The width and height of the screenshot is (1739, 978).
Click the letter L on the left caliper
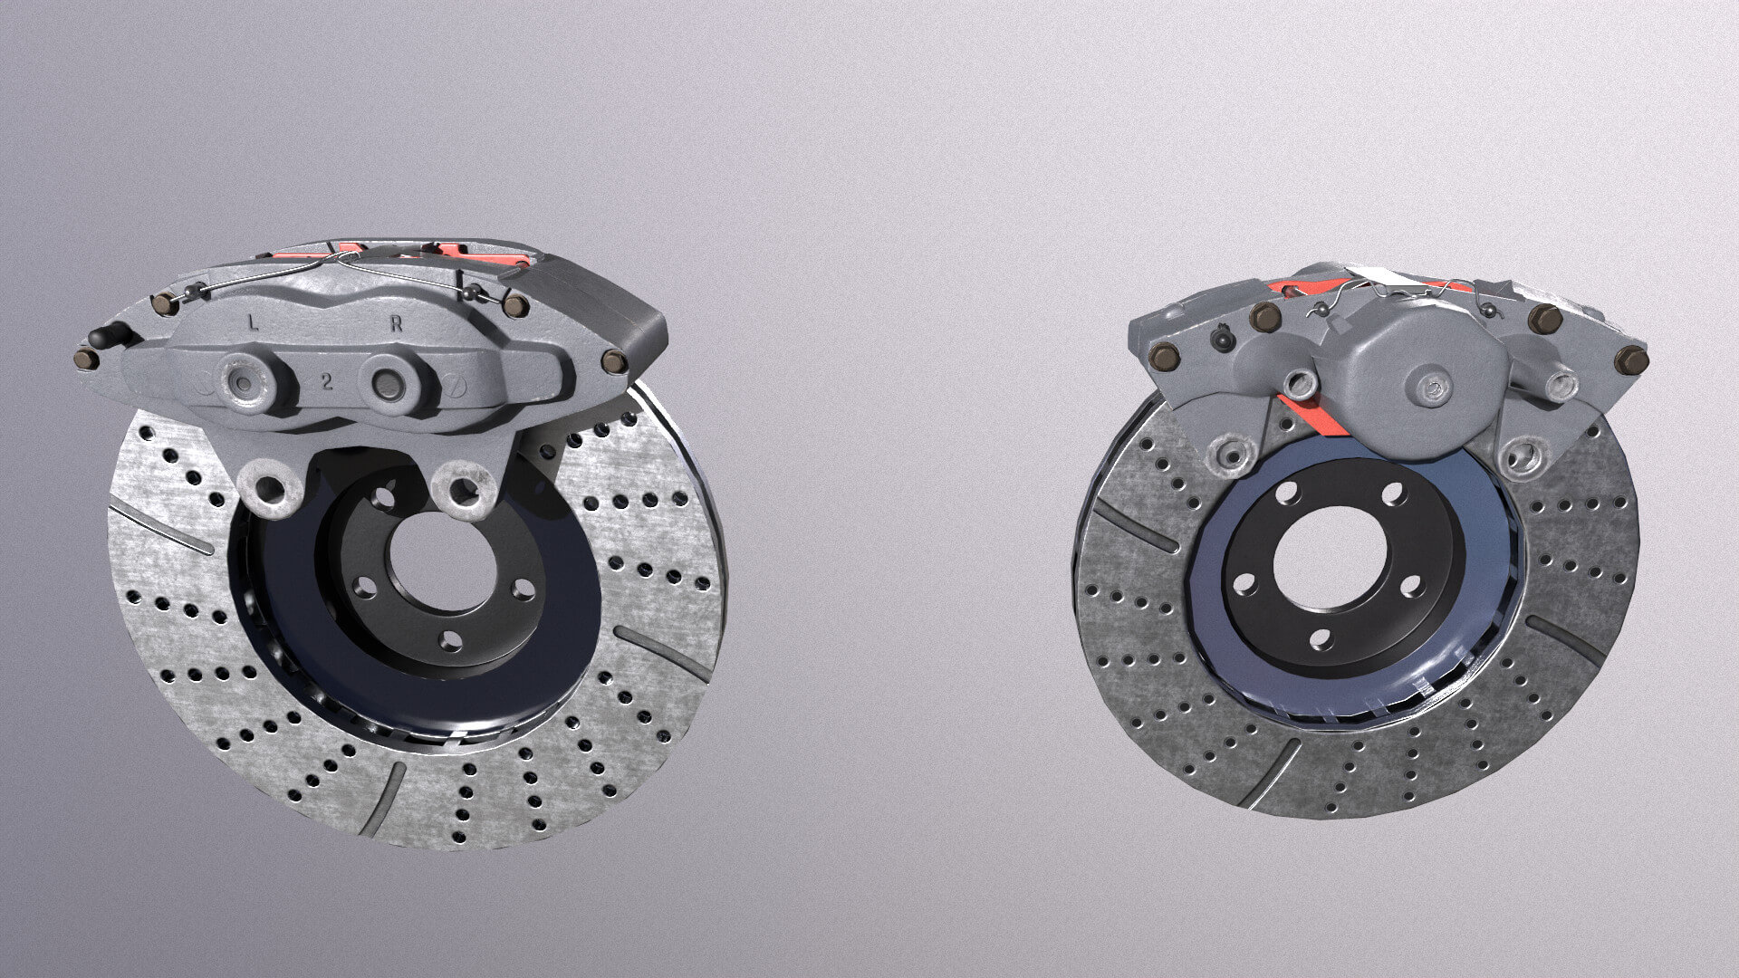click(253, 321)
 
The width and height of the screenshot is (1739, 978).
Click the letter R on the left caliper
click(395, 326)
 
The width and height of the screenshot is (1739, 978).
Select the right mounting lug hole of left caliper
click(465, 490)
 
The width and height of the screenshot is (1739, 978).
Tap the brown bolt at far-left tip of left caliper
click(85, 360)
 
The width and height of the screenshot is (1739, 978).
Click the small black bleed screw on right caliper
click(1222, 340)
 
